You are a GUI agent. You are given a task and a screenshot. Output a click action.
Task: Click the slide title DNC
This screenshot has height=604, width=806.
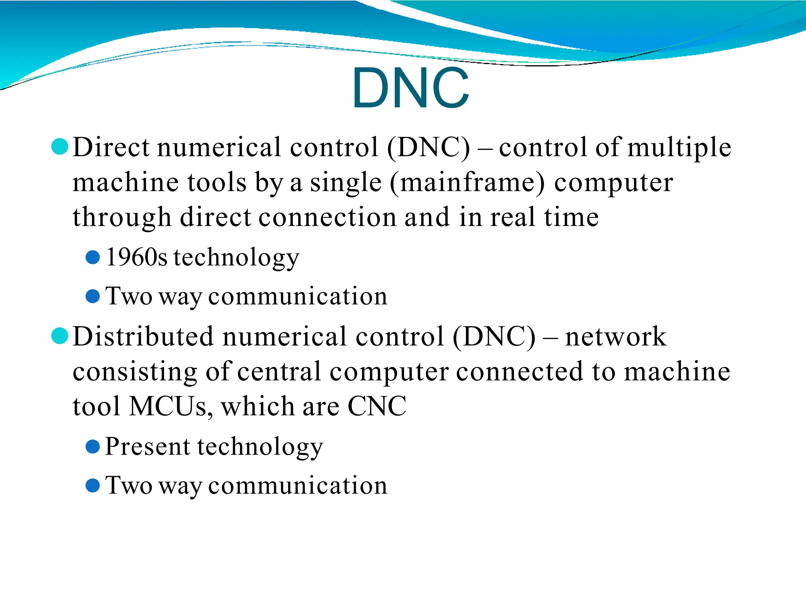(410, 88)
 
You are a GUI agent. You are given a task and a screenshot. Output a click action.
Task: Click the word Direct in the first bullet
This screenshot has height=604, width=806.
(111, 147)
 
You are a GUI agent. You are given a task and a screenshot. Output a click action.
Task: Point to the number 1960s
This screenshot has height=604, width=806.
(136, 258)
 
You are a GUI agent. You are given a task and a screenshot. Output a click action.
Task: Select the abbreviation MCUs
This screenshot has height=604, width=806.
(168, 406)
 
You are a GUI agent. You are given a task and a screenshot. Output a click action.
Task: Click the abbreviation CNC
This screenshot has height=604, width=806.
(377, 406)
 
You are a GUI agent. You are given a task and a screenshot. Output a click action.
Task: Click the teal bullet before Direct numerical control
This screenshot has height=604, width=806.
(60, 147)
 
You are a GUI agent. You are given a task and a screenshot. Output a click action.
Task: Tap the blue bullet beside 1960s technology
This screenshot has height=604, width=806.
(92, 258)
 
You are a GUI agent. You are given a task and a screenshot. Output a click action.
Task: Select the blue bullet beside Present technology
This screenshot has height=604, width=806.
(92, 447)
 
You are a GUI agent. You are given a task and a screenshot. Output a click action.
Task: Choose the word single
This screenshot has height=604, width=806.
(346, 183)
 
